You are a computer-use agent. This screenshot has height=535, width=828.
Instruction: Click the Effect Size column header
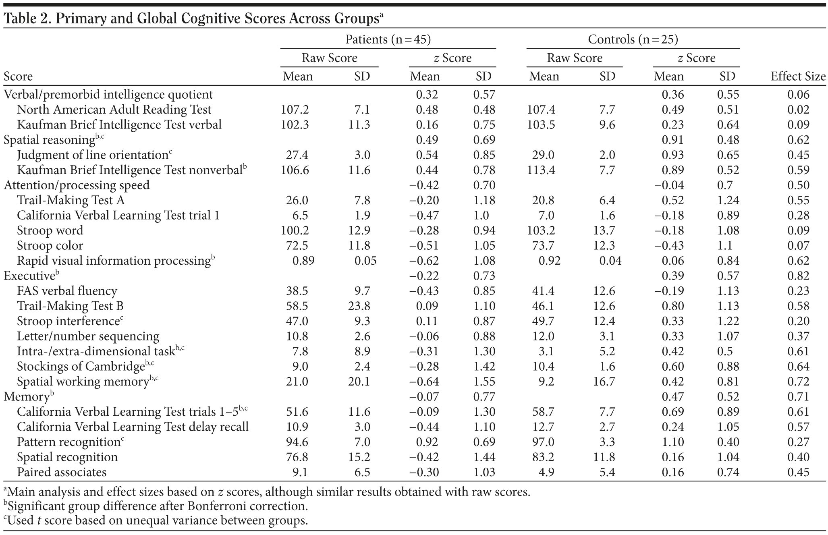(x=797, y=76)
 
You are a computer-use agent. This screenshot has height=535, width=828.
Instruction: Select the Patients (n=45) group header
(x=388, y=39)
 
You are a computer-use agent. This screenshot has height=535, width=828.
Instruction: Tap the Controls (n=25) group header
(x=633, y=39)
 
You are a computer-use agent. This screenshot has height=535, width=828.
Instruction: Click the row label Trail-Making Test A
(x=71, y=200)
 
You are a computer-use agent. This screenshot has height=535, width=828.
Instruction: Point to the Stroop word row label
(x=50, y=230)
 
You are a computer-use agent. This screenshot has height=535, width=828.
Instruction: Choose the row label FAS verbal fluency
(x=67, y=291)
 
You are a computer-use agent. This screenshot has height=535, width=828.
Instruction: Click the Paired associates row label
(x=62, y=472)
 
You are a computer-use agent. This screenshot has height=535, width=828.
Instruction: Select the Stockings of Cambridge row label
(x=81, y=367)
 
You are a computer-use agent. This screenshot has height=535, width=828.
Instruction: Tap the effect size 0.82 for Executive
(x=798, y=276)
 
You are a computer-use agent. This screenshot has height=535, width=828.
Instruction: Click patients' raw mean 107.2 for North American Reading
(x=295, y=110)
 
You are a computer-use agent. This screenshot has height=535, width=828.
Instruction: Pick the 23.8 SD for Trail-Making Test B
(x=359, y=306)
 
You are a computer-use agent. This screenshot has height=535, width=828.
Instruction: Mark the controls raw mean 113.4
(x=541, y=170)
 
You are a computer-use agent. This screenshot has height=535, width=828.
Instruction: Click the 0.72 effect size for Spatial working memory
(x=798, y=382)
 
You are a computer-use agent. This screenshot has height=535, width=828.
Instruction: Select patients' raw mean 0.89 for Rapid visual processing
(x=303, y=261)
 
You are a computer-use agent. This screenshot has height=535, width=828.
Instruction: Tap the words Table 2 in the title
(x=26, y=19)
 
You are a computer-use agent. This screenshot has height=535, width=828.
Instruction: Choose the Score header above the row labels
(x=18, y=76)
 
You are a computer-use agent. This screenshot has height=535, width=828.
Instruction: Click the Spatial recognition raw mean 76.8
(x=297, y=457)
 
